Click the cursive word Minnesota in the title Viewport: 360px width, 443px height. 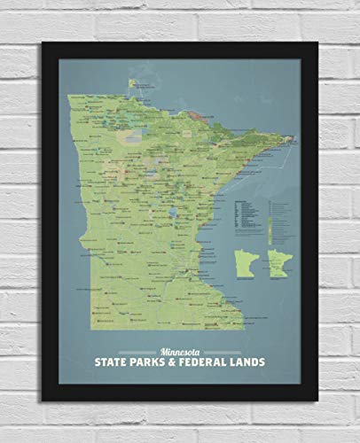pos(179,346)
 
